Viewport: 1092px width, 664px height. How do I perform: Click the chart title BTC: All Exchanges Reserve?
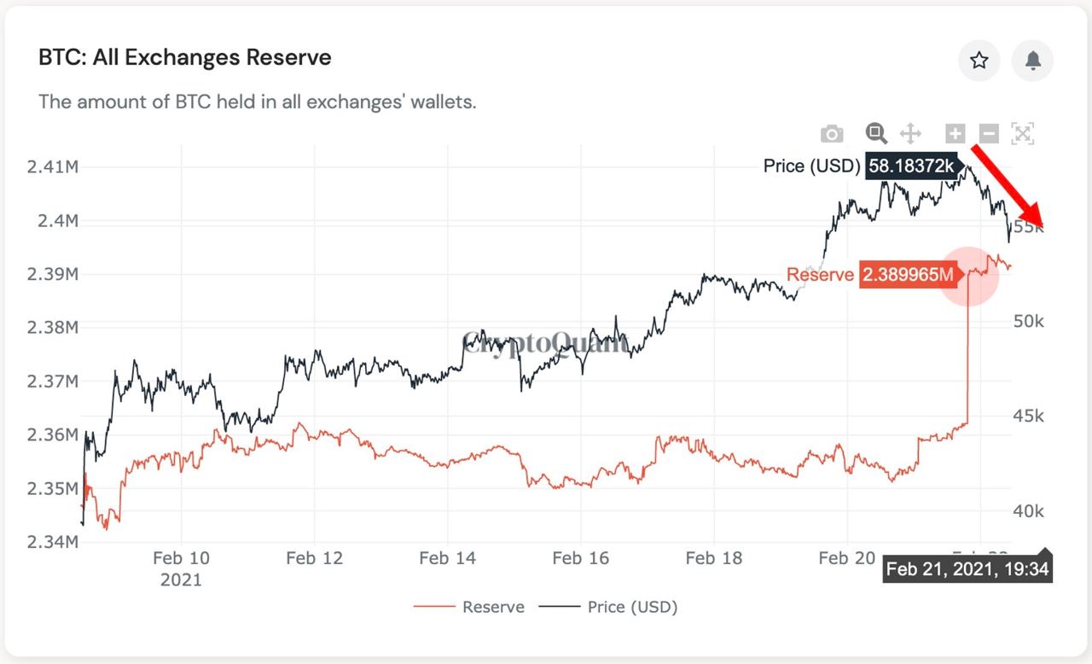(185, 58)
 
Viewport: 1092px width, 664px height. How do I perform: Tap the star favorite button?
(979, 61)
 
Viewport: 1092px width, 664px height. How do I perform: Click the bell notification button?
(1032, 61)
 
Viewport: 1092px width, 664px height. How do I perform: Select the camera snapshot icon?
(832, 134)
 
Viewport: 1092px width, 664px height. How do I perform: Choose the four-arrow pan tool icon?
(910, 133)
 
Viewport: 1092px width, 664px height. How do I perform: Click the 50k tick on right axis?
(1028, 321)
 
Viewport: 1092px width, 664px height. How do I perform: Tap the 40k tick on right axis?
(1028, 511)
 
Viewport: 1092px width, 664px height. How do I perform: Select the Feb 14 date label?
(447, 558)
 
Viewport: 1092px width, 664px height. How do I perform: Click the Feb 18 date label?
(713, 558)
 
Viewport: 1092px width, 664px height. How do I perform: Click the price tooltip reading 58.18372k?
(912, 166)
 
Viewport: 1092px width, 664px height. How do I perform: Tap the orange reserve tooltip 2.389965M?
(906, 274)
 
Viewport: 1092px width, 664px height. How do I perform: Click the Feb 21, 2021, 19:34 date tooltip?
(967, 569)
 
